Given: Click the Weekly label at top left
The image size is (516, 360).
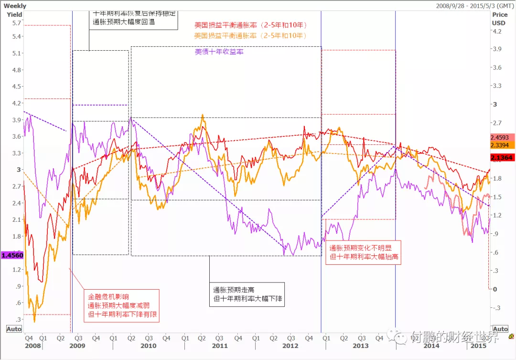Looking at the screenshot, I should click(x=15, y=6).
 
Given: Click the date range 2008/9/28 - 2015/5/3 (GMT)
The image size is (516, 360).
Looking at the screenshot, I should click(x=475, y=6).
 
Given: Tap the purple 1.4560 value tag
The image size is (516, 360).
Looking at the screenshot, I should click(x=12, y=256).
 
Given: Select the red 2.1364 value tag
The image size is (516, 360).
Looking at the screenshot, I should click(x=502, y=158).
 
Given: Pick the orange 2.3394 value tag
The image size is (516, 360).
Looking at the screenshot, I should click(x=502, y=145).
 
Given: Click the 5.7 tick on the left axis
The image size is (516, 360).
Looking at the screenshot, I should click(x=17, y=23).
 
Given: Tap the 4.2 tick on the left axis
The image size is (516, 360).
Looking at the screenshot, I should click(x=17, y=103).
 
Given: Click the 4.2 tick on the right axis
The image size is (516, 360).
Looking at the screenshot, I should click(x=497, y=32).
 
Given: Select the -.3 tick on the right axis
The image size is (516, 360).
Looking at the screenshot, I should click(x=497, y=307).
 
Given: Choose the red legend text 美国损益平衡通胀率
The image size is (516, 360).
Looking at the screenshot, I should click(x=250, y=25).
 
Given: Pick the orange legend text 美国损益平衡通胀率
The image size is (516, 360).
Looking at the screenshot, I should click(x=250, y=35).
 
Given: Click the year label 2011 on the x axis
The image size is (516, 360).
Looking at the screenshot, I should click(x=219, y=345).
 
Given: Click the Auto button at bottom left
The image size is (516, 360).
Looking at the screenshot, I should click(x=13, y=329).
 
